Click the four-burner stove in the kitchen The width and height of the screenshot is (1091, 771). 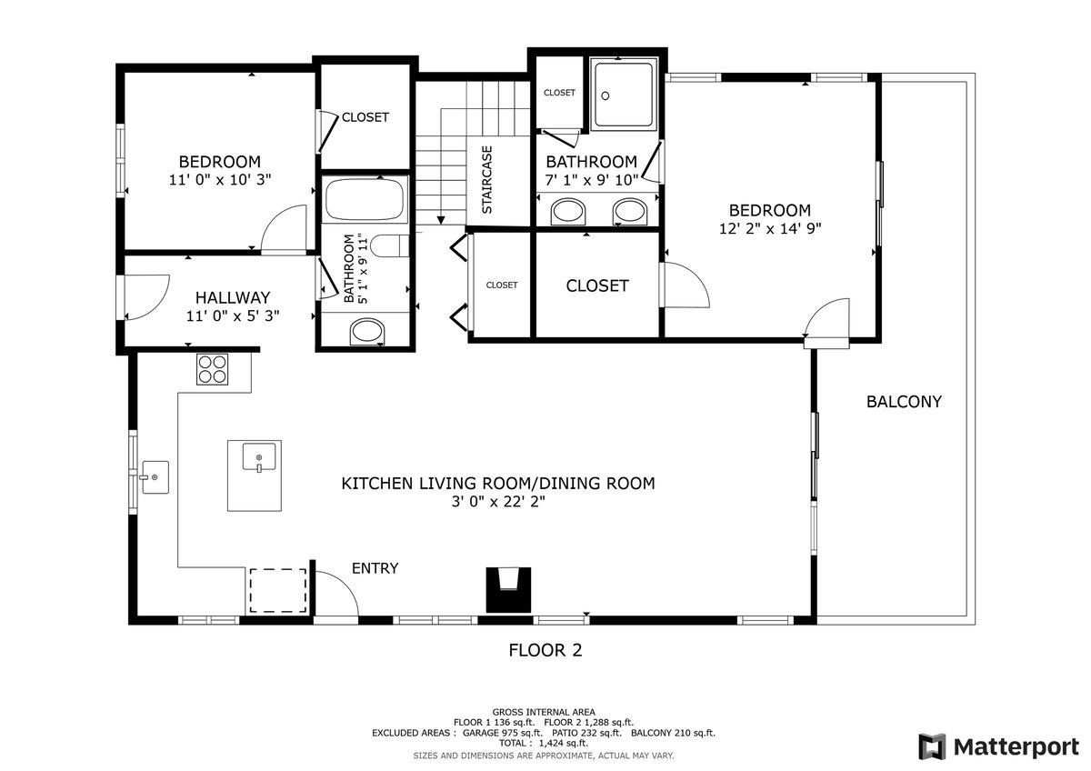[x=213, y=369]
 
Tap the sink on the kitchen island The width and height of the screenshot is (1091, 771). [x=259, y=456]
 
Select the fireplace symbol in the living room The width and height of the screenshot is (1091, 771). [x=508, y=590]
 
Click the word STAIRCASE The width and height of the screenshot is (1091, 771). [x=487, y=180]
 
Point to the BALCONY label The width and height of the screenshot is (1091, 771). [x=904, y=402]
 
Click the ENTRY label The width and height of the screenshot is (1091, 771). [x=375, y=568]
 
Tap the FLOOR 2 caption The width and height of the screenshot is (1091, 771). [x=545, y=650]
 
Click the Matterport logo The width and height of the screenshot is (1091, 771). [x=998, y=746]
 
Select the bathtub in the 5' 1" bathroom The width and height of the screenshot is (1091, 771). [x=365, y=200]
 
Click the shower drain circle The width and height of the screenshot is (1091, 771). [x=606, y=96]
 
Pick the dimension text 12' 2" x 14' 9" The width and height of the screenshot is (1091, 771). [x=770, y=228]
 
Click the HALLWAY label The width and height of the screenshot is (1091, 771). [x=233, y=297]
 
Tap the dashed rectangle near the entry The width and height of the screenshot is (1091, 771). [x=278, y=590]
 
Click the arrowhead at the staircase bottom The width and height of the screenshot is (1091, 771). [x=441, y=221]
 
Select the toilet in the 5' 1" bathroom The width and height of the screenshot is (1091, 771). [x=390, y=245]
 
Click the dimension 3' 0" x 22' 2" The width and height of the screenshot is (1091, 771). [x=498, y=501]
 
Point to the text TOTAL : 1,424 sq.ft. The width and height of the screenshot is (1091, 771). [x=544, y=743]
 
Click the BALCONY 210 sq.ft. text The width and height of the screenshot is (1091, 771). [x=673, y=733]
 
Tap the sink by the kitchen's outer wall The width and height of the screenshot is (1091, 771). [x=155, y=477]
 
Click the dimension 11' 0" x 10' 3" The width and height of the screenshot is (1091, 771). [x=220, y=180]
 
